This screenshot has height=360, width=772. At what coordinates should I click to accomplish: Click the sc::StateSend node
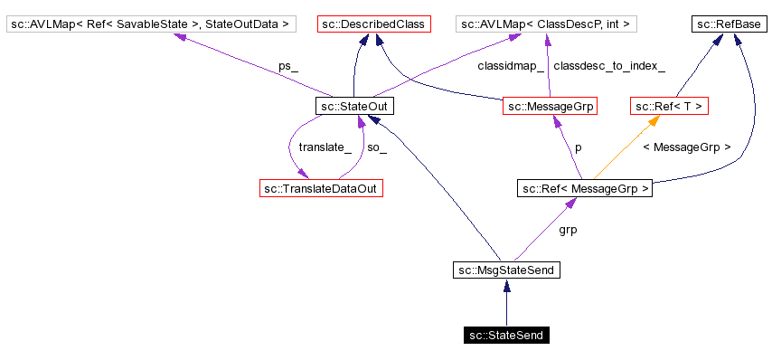pyautogui.click(x=506, y=335)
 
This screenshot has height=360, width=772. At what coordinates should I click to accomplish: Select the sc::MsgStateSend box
pyautogui.click(x=506, y=270)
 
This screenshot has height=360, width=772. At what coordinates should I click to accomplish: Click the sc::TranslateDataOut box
pyautogui.click(x=320, y=188)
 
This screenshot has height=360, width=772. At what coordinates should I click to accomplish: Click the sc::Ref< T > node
pyautogui.click(x=668, y=107)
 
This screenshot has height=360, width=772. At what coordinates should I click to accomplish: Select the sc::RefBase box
pyautogui.click(x=729, y=24)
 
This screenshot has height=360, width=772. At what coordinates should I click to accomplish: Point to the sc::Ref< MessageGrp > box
pyautogui.click(x=585, y=188)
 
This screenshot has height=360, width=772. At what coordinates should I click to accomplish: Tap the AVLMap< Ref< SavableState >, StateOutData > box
pyautogui.click(x=151, y=24)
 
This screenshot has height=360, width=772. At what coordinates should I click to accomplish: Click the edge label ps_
pyautogui.click(x=288, y=66)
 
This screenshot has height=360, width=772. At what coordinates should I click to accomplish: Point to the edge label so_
pyautogui.click(x=377, y=147)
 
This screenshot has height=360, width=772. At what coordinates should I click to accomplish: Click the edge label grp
pyautogui.click(x=568, y=230)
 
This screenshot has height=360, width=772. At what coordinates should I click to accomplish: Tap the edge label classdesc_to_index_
pyautogui.click(x=608, y=66)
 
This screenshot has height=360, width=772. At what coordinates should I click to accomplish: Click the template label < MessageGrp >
pyautogui.click(x=685, y=147)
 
